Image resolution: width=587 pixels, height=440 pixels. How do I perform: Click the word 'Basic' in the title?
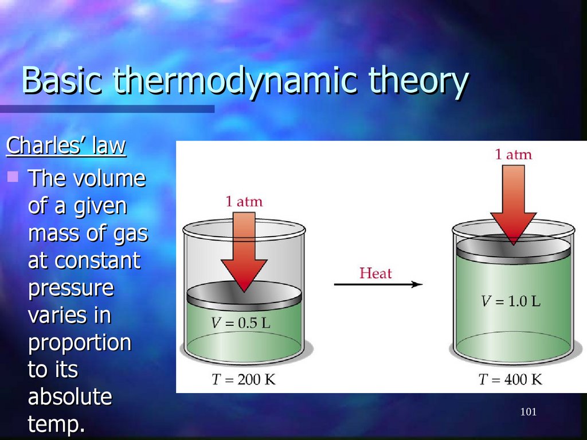tap(62, 81)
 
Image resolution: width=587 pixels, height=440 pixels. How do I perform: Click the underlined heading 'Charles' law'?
tap(66, 146)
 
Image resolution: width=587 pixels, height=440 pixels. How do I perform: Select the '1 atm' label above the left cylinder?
tap(244, 202)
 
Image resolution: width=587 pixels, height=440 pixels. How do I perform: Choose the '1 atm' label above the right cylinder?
tap(513, 154)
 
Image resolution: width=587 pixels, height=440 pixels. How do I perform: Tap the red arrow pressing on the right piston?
tap(513, 201)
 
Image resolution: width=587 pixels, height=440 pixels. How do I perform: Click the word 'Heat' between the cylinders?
tap(375, 273)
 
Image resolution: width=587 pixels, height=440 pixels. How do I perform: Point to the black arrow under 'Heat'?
tap(378, 284)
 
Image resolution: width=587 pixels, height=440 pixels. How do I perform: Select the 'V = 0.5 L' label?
tap(240, 323)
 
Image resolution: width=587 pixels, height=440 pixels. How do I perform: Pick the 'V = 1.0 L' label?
tap(510, 301)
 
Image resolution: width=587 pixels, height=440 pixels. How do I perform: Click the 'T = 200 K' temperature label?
tap(242, 379)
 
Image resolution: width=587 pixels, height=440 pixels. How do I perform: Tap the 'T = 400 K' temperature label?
tap(510, 379)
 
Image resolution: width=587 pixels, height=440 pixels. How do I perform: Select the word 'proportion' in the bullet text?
tap(79, 343)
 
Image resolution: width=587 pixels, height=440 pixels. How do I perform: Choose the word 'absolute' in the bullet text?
tap(69, 397)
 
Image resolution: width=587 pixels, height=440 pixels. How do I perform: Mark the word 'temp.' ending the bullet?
tap(56, 425)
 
